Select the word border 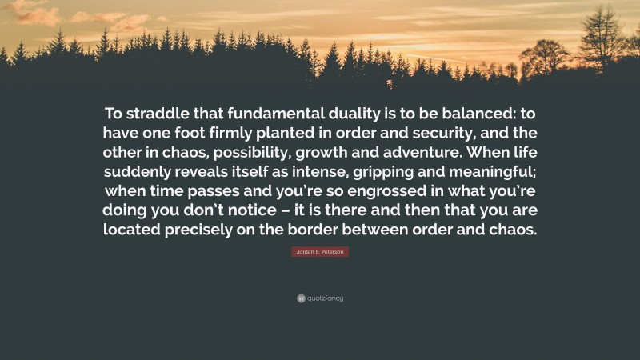coord(336,228)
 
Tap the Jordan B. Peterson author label coord(319,252)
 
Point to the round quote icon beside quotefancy coord(300,298)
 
